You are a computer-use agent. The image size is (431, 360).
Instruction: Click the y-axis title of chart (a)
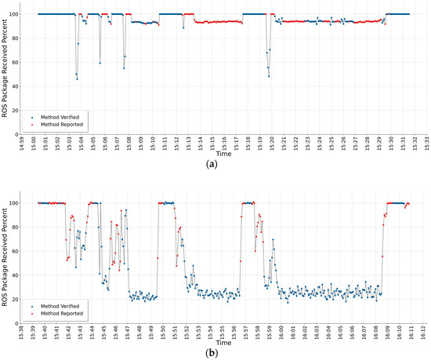coord(7,69)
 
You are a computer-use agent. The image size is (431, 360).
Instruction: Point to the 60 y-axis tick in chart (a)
coord(24,63)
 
